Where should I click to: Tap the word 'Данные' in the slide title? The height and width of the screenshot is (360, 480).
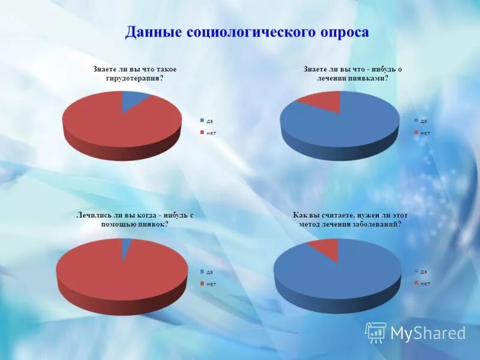152,32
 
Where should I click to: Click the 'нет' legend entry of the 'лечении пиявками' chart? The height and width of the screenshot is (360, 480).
424,133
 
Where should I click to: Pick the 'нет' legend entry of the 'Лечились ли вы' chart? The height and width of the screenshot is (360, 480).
211,284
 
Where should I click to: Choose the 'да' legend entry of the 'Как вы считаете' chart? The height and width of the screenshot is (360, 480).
424,271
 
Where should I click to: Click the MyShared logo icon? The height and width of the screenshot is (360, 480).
376,332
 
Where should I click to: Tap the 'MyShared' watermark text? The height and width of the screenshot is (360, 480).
428,333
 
